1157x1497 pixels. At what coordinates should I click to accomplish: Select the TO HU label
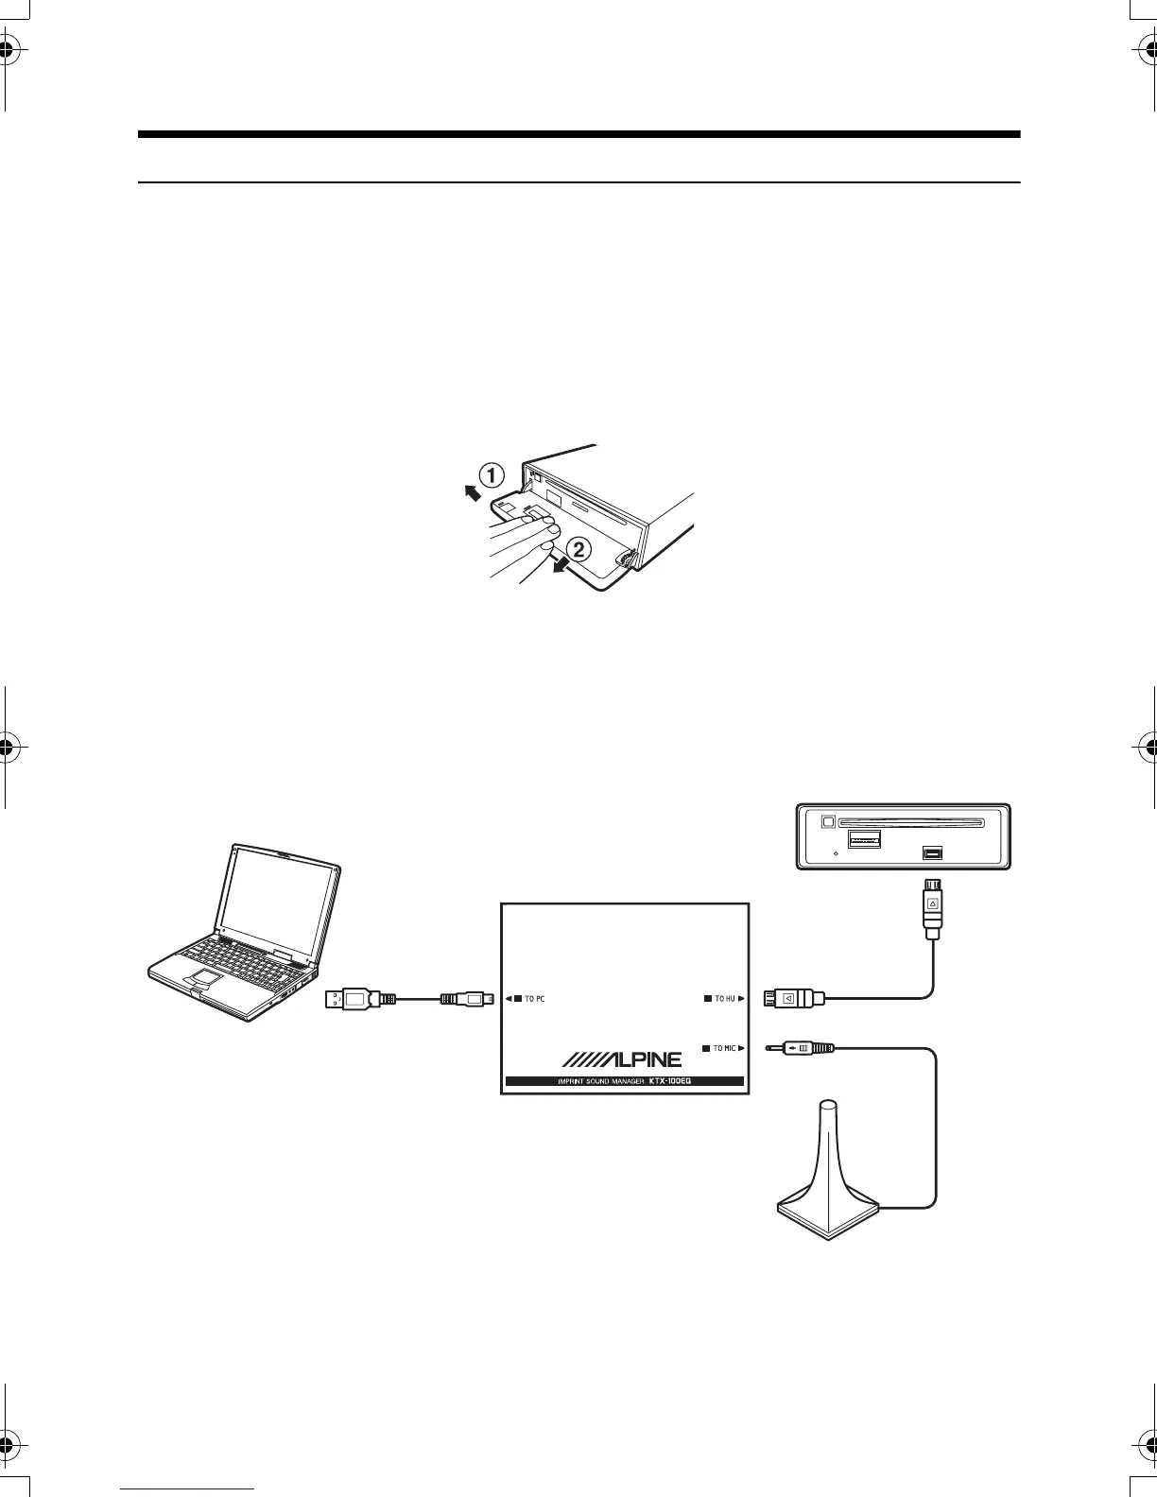[x=724, y=998]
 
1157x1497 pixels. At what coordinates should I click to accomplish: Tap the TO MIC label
[x=724, y=1048]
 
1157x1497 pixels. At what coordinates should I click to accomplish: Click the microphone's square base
[x=828, y=1213]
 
